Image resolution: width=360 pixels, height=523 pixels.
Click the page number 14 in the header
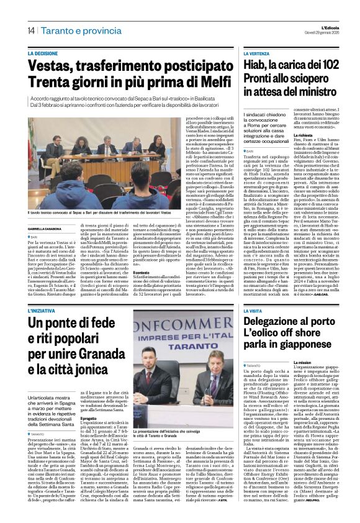tap(30, 30)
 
